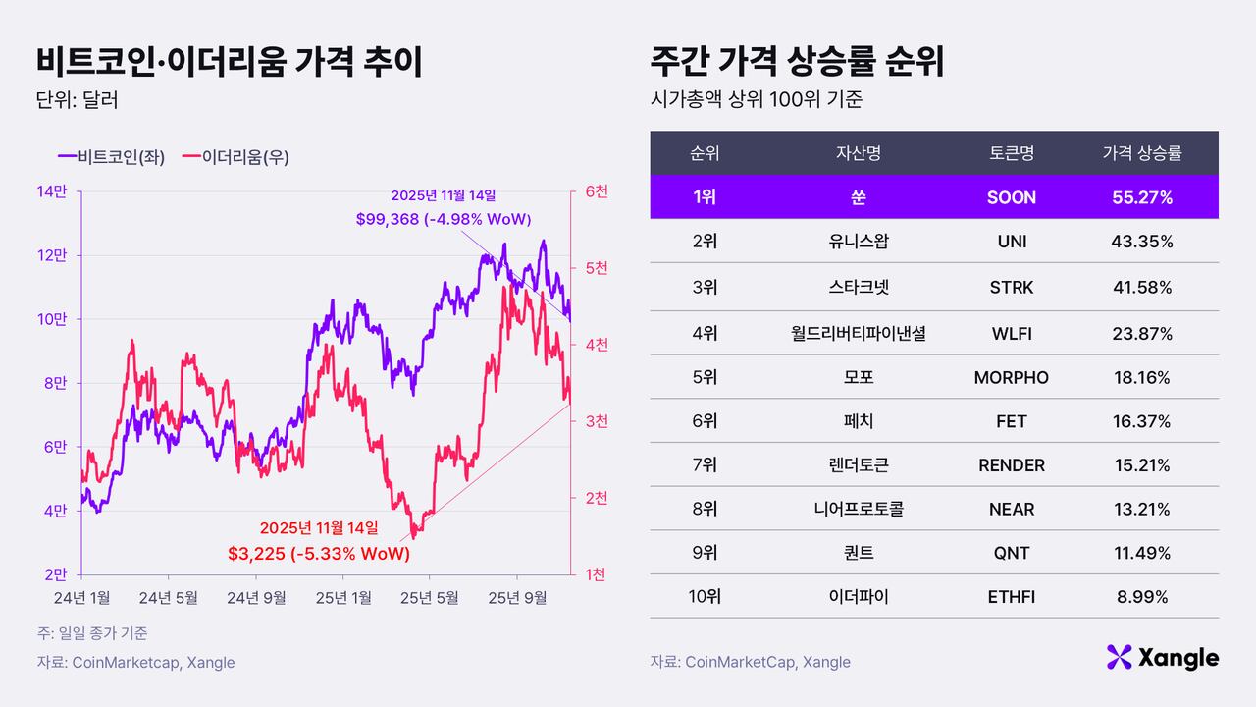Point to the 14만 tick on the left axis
click(51, 191)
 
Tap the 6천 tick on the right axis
click(597, 191)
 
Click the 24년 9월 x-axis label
click(256, 596)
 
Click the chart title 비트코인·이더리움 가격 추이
click(229, 62)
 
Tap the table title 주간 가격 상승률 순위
click(797, 62)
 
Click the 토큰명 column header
click(1012, 153)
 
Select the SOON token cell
click(1012, 197)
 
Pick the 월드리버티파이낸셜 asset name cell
click(858, 334)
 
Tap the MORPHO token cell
click(1012, 378)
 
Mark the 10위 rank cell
click(705, 596)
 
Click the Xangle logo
click(1162, 658)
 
